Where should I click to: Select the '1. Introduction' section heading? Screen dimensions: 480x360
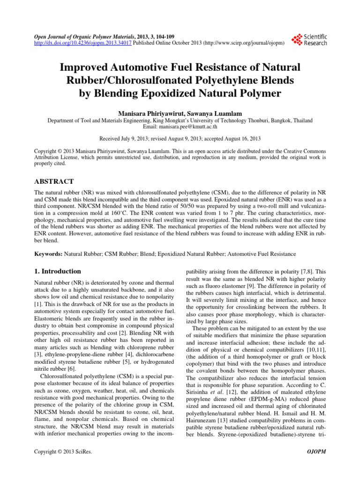[59, 271]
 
